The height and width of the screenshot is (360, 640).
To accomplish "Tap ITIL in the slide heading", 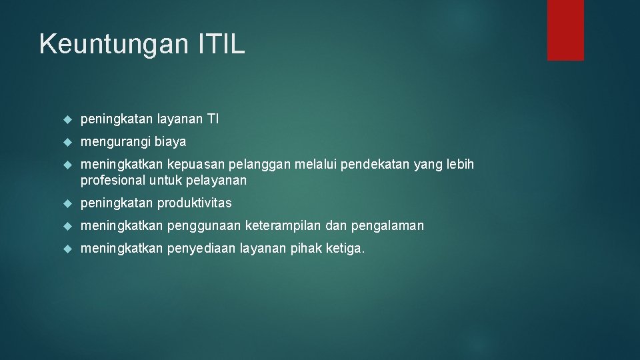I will [221, 44].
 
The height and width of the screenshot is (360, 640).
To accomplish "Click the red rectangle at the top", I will [565, 30].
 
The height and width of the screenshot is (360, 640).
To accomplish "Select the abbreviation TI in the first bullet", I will [213, 119].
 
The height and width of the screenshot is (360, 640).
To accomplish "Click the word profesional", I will [113, 180].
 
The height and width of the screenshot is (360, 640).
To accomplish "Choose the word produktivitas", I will [195, 203].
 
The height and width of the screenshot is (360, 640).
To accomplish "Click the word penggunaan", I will [204, 226].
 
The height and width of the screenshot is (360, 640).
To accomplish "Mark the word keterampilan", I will [284, 226].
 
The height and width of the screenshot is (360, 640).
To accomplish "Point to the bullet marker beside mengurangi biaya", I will [67, 142].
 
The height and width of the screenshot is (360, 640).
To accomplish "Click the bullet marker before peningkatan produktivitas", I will [67, 203].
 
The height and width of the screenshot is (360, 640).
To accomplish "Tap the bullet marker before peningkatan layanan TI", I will [67, 119].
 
